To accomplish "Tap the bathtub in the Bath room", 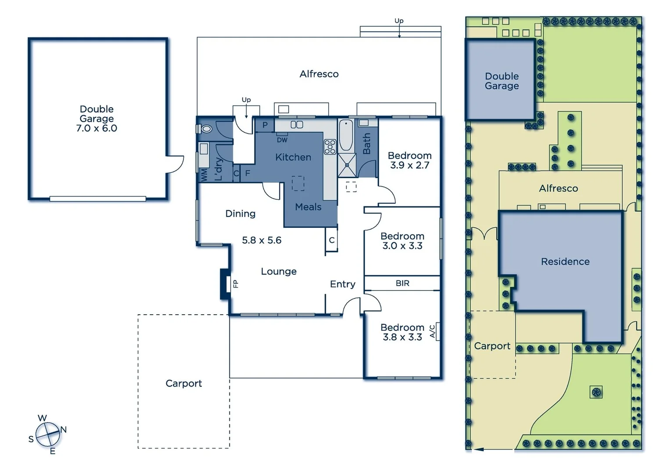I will pyautogui.click(x=346, y=135).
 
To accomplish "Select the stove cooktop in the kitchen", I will pyautogui.click(x=330, y=147).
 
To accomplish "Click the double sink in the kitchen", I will pyautogui.click(x=297, y=125).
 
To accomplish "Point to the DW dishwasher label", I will pyautogui.click(x=282, y=140).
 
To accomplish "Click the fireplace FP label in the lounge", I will pyautogui.click(x=235, y=284).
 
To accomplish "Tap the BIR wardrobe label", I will pyautogui.click(x=402, y=284).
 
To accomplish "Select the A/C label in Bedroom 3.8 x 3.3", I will pyautogui.click(x=432, y=331).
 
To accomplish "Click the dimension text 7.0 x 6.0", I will pyautogui.click(x=97, y=129).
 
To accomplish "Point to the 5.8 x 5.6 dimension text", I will pyautogui.click(x=262, y=241).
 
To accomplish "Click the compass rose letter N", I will pyautogui.click(x=63, y=430).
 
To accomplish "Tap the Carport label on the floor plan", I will pyautogui.click(x=183, y=384).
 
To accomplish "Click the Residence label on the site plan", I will pyautogui.click(x=565, y=262).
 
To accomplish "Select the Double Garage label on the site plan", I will pyautogui.click(x=502, y=81).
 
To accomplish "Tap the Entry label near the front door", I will pyautogui.click(x=342, y=284).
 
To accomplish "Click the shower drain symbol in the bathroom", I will pyautogui.click(x=347, y=165).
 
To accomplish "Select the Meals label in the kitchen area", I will pyautogui.click(x=308, y=207).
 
